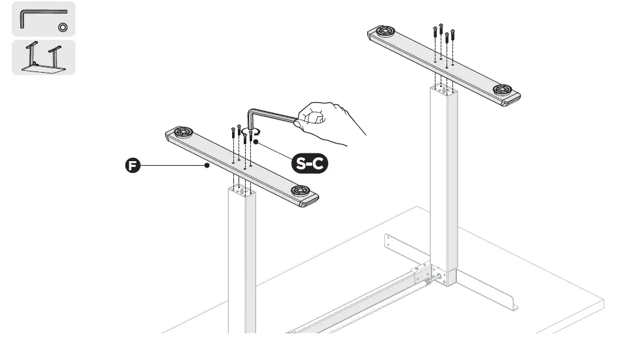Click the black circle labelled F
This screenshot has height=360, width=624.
[x=132, y=166]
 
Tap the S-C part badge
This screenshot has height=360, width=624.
[x=309, y=164]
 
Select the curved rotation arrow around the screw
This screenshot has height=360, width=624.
[x=247, y=134]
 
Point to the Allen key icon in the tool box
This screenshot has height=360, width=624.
[x=39, y=16]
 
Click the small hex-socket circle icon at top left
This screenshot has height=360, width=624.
[x=63, y=27]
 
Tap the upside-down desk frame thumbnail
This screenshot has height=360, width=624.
[x=43, y=57]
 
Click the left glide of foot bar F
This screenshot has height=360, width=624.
[x=182, y=132]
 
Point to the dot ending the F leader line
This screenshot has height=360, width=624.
[x=207, y=166]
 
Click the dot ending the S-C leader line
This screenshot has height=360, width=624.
[x=256, y=140]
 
